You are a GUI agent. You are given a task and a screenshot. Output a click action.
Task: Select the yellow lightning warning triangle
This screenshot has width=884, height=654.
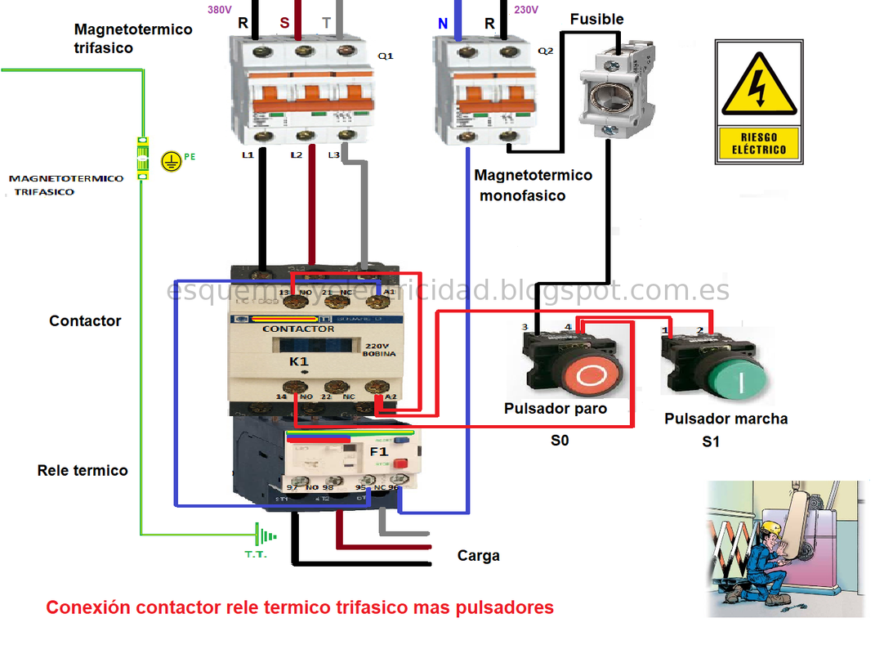pos(758,87)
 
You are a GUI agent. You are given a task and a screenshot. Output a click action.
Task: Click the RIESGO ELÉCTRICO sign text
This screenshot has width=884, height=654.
pos(758,144)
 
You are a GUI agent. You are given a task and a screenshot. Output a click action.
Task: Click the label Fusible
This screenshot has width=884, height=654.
pos(596,19)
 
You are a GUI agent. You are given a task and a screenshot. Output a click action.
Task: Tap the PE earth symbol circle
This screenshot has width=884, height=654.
pos(170,161)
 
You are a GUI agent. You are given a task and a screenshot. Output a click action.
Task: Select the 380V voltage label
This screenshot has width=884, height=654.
pos(218,10)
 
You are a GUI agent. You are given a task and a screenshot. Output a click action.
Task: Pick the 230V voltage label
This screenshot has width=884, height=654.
pos(527,10)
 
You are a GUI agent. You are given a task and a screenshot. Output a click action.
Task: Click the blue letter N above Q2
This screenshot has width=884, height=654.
pos(443,24)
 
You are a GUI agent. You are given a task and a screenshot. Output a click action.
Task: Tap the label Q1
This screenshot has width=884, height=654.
pos(386,56)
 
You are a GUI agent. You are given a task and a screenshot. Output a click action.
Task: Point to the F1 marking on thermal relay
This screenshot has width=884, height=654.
pos(379,450)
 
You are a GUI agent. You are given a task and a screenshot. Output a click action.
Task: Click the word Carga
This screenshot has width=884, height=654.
pos(478,556)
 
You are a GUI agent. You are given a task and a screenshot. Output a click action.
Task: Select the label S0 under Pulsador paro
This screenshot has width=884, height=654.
pos(559,441)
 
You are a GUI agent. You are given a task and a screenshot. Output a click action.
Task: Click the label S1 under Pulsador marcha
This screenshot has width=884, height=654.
pos(711,441)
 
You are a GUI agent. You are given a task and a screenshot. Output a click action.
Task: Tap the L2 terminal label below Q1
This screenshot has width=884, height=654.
pos(296,155)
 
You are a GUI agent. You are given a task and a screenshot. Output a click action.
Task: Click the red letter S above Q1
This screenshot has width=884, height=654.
pos(284,23)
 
